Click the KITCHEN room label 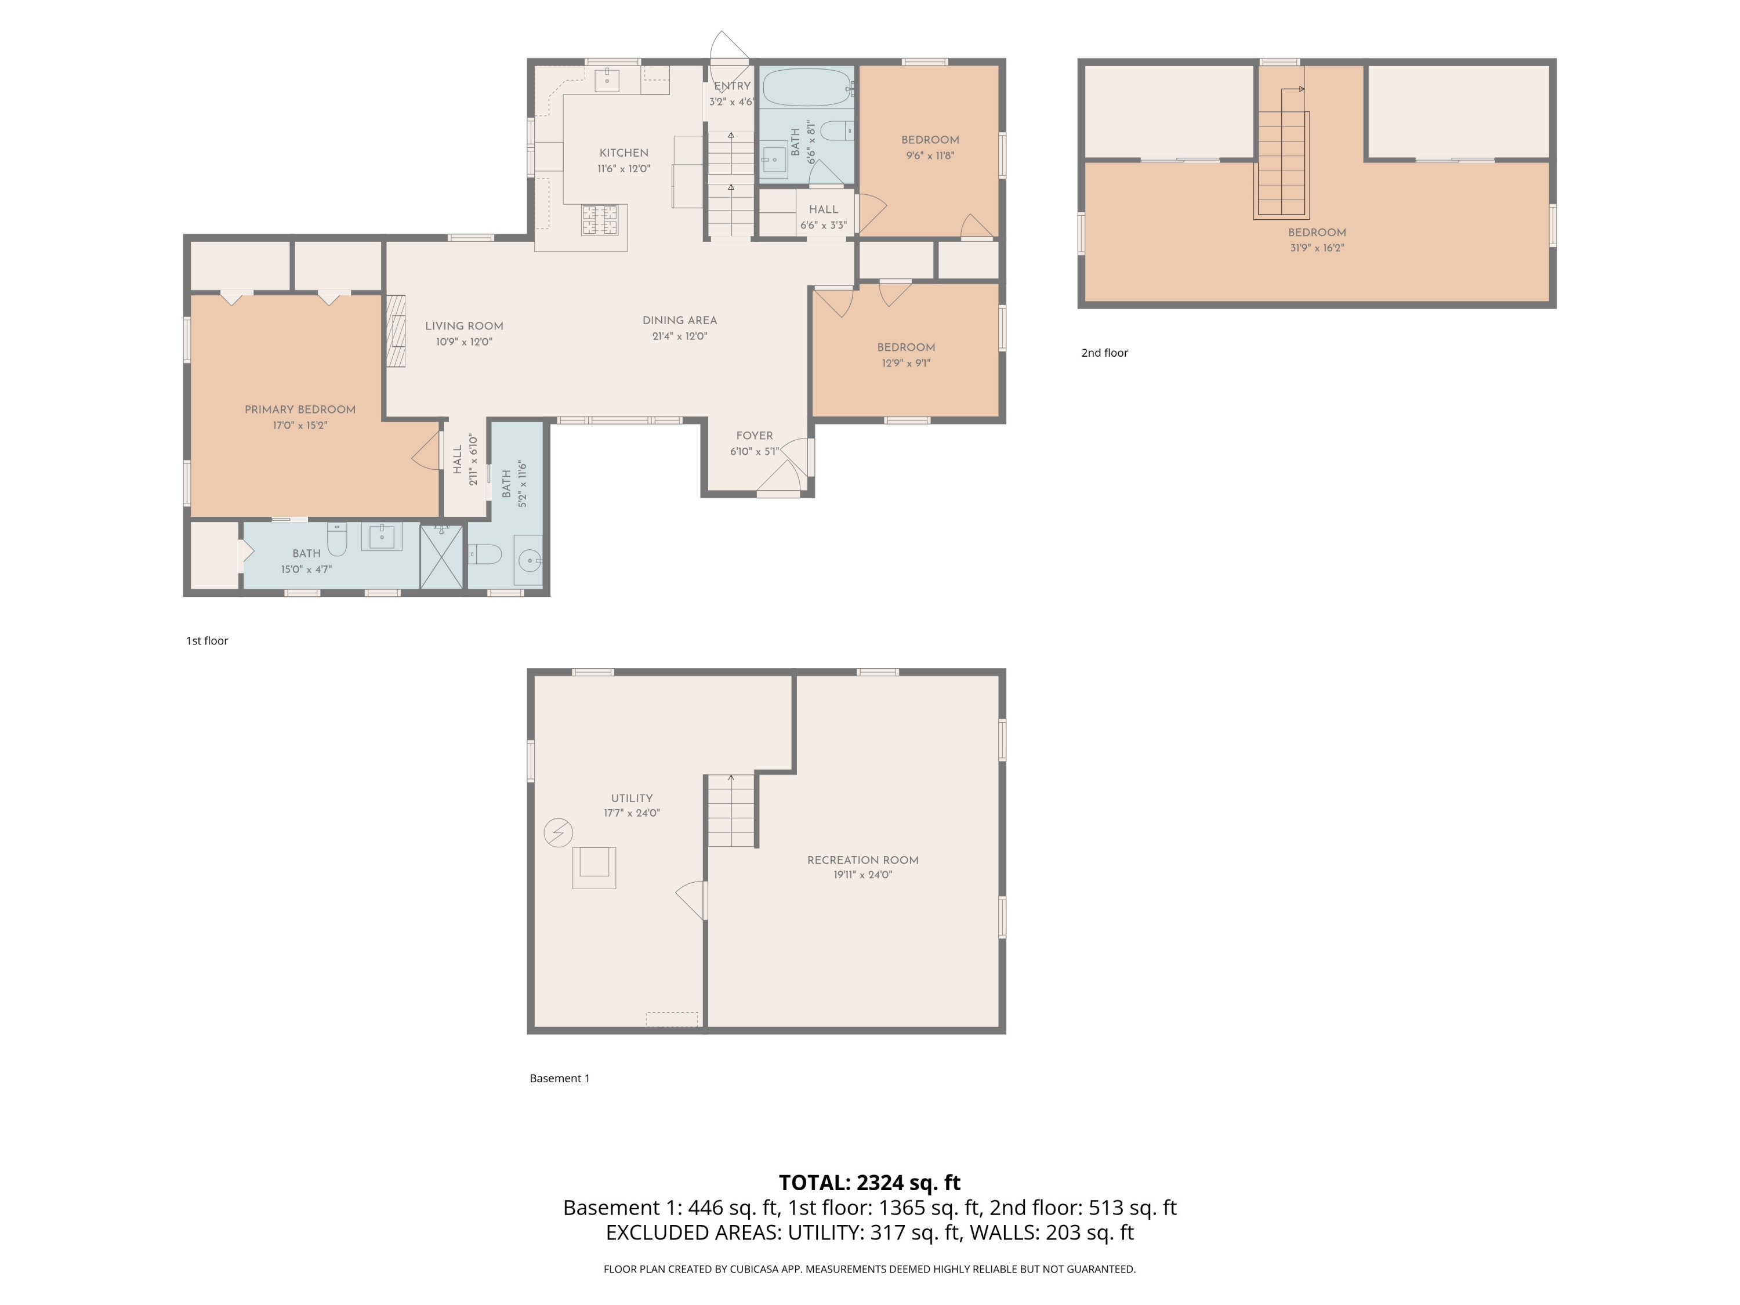(x=623, y=153)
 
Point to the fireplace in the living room (x=396, y=331)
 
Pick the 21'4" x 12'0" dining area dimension (x=680, y=336)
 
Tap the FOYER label (x=755, y=436)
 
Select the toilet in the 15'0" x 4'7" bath (x=336, y=539)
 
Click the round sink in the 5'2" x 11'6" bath (x=530, y=560)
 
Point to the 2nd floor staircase (x=1282, y=164)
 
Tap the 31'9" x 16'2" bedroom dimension (x=1317, y=248)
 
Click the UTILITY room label (x=632, y=797)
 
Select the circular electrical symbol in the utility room (x=559, y=832)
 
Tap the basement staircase (x=731, y=810)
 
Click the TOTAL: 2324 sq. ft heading (x=869, y=1182)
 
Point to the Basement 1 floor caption (x=559, y=1078)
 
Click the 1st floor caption (x=207, y=641)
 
